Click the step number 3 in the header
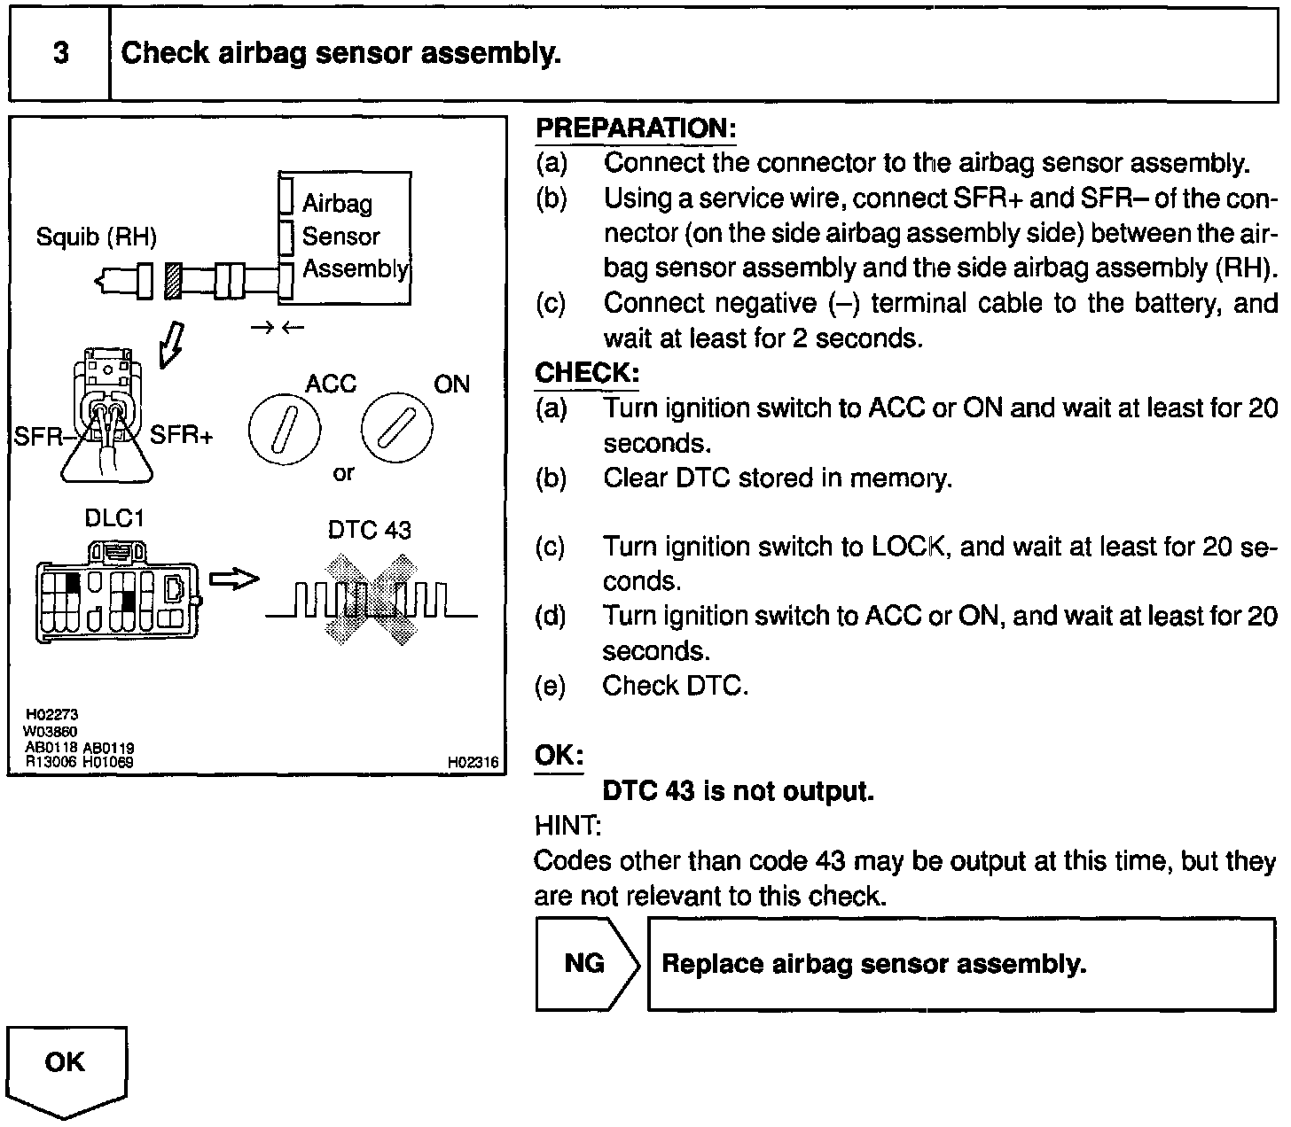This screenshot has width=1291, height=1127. click(x=60, y=53)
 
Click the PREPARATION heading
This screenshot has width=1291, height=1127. click(x=636, y=128)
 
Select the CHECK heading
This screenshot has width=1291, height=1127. click(x=586, y=372)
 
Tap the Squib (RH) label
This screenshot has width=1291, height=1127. click(x=96, y=237)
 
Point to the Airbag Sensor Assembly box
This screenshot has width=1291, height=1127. click(x=346, y=237)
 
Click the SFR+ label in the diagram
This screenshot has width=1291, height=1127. click(x=181, y=435)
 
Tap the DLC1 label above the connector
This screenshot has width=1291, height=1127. click(x=113, y=518)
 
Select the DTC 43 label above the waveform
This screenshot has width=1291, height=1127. click(x=369, y=530)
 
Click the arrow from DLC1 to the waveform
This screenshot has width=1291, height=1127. click(x=233, y=579)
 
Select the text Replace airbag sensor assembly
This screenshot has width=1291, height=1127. click(x=873, y=964)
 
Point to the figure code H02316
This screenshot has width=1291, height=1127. click(x=472, y=762)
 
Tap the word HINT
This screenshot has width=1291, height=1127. click(x=567, y=826)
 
